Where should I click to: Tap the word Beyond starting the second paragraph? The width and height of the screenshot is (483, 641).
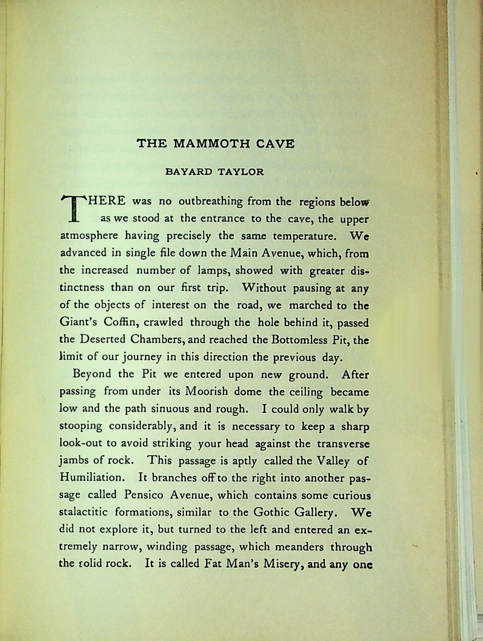pos(92,374)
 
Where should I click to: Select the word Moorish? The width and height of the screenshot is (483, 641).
pos(207,391)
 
